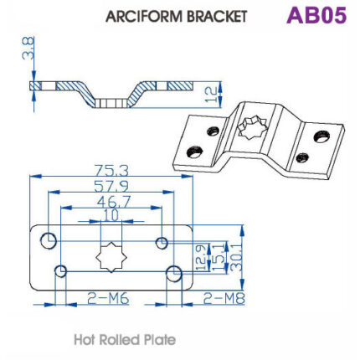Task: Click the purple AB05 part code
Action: click(316, 16)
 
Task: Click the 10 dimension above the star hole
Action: click(111, 217)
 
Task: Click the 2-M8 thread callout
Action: click(222, 296)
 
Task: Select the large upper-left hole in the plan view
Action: click(49, 242)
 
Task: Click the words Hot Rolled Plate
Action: click(125, 341)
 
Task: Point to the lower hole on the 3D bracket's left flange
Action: click(193, 152)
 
